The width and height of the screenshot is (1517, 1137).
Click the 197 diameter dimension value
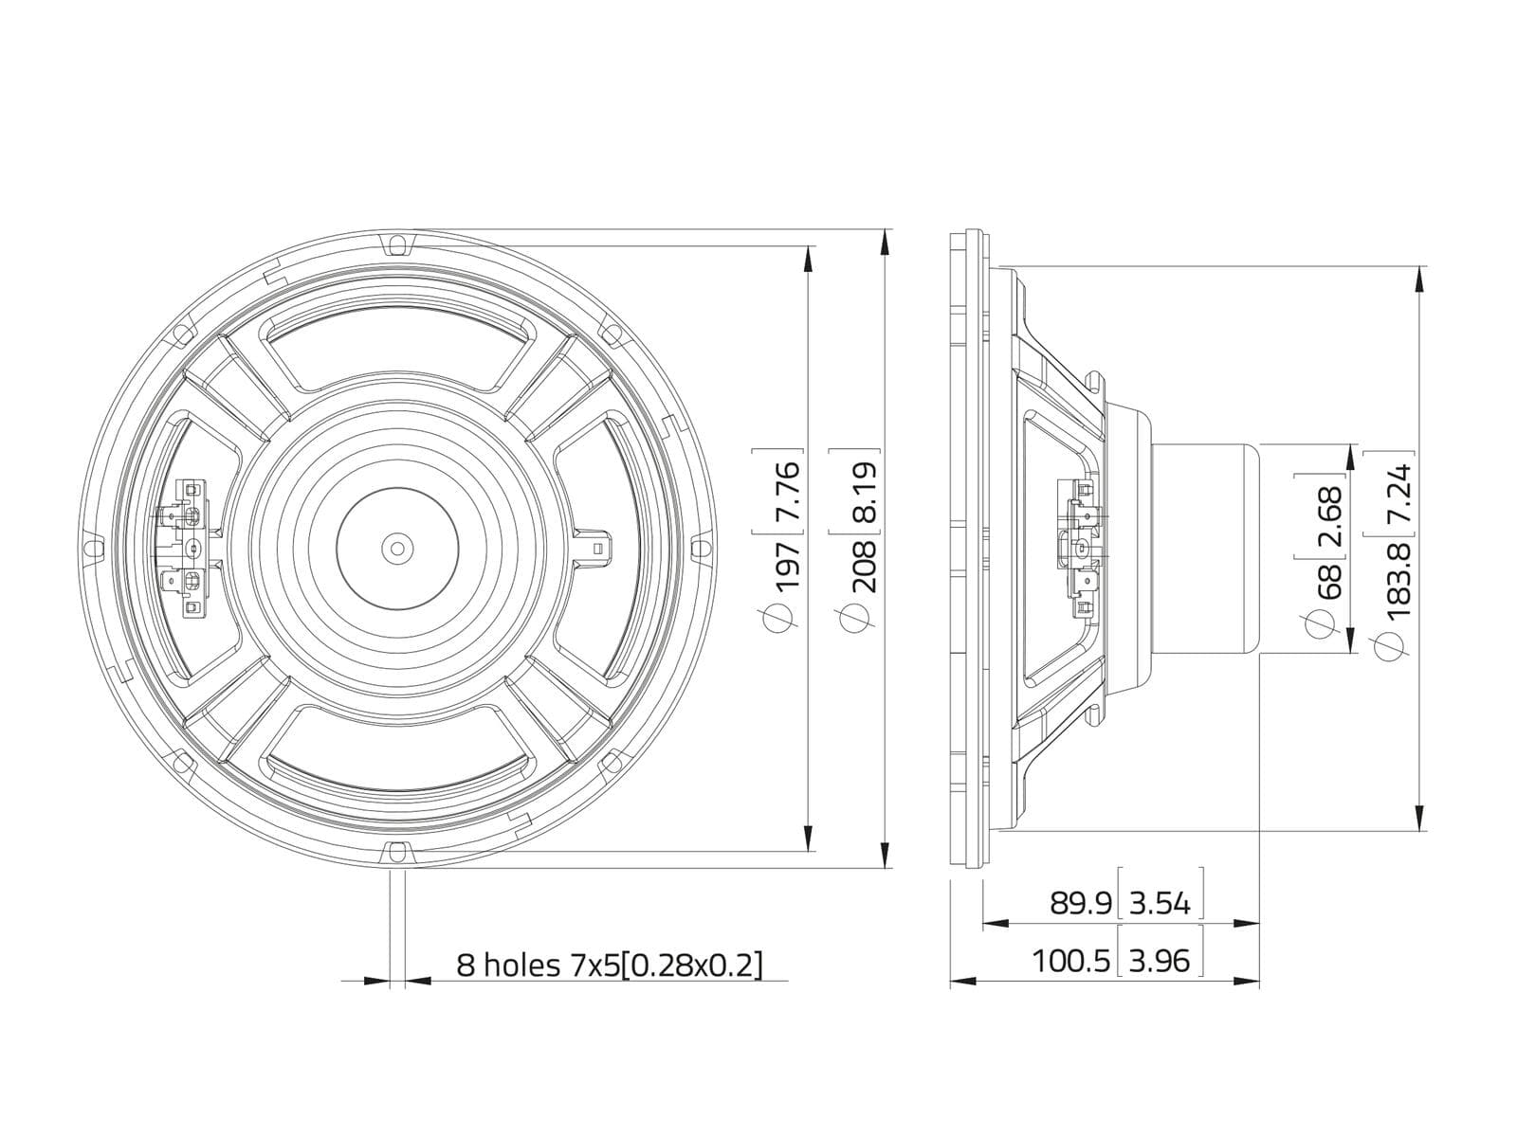(787, 563)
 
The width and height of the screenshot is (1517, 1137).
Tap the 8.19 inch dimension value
(863, 491)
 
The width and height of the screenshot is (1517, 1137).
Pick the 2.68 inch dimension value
(1327, 515)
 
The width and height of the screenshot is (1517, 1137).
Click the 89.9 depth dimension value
(1080, 902)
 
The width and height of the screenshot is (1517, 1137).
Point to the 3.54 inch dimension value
(1160, 902)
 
